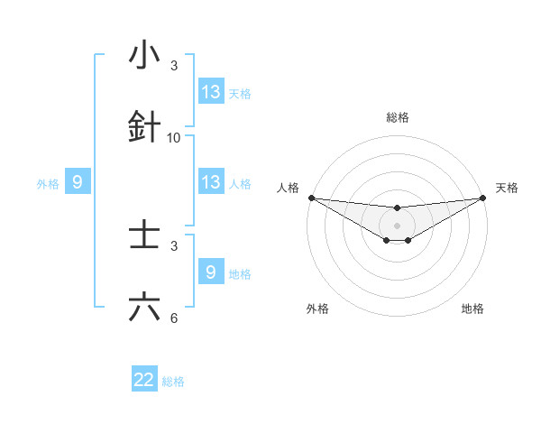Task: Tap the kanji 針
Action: click(x=144, y=128)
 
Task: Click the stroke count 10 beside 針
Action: click(x=174, y=138)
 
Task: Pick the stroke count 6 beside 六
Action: click(x=174, y=318)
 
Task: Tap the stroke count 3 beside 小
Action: click(x=174, y=66)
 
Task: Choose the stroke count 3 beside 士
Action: click(x=174, y=246)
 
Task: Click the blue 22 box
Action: click(x=144, y=380)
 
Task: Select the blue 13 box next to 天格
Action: click(x=211, y=92)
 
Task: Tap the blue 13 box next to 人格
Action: click(x=211, y=182)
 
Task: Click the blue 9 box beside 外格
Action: click(x=78, y=182)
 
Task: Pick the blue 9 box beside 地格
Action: click(x=211, y=272)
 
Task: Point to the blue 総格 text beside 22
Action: click(x=173, y=382)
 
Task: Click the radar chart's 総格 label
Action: click(x=397, y=117)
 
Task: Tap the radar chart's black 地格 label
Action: click(x=472, y=309)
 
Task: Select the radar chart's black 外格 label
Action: click(x=318, y=309)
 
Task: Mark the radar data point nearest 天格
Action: click(x=482, y=198)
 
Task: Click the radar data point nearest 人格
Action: click(x=311, y=198)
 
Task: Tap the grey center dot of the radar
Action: click(x=397, y=225)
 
